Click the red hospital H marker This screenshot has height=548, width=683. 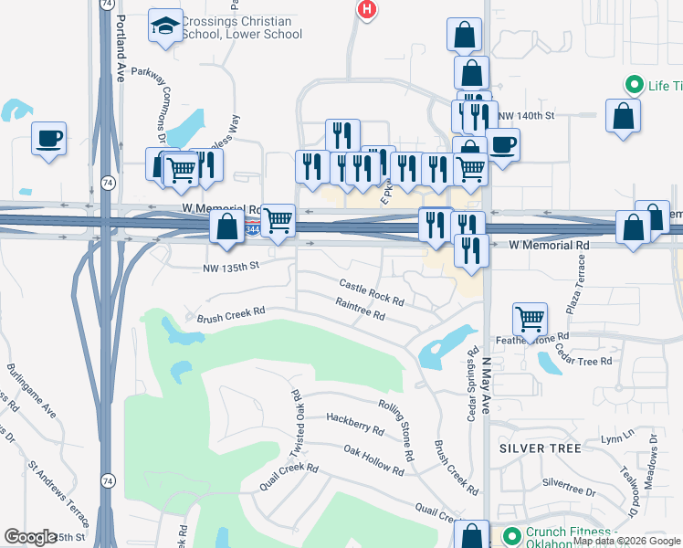point(366,10)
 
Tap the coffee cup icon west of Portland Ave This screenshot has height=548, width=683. point(48,139)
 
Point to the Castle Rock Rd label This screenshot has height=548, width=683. point(372,292)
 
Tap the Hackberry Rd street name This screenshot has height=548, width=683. point(354,424)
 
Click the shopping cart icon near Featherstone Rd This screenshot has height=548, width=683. point(530,319)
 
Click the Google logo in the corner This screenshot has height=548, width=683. point(30,537)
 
